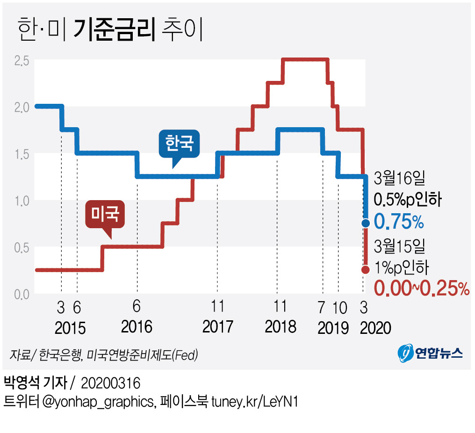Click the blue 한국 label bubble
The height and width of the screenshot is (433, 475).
click(179, 143)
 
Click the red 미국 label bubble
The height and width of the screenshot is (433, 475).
click(105, 214)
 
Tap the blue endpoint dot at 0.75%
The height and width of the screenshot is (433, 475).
click(366, 223)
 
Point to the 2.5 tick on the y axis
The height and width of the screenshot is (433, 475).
click(22, 60)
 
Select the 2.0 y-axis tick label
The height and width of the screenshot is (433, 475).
click(22, 107)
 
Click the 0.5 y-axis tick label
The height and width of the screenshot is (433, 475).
click(22, 247)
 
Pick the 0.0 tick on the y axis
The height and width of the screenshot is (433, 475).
click(22, 294)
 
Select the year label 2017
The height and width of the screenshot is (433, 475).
click(217, 326)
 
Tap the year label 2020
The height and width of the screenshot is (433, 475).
click(375, 328)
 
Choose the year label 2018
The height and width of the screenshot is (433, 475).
click(281, 326)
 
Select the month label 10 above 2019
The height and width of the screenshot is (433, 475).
click(340, 308)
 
